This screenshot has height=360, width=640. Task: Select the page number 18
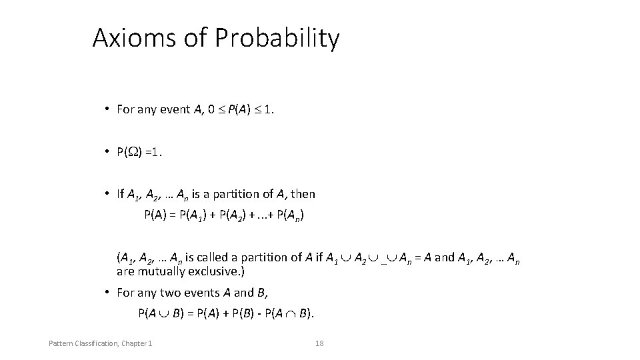click(x=319, y=343)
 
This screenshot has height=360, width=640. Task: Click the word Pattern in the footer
click(x=61, y=343)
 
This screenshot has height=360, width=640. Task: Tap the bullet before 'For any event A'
click(x=107, y=109)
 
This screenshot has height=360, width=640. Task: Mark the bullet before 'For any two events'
click(x=107, y=292)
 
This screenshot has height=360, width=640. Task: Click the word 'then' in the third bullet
click(x=303, y=194)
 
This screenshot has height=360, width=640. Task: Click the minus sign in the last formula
click(x=258, y=313)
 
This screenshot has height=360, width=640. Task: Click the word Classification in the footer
click(x=94, y=343)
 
